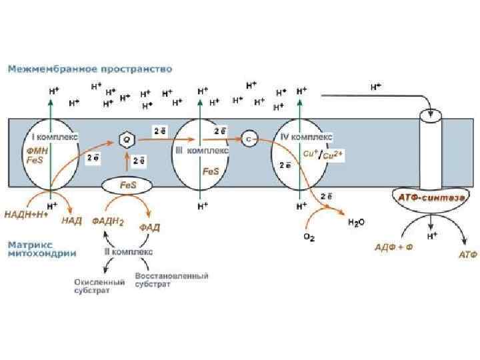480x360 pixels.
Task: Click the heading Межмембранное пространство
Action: click(90, 69)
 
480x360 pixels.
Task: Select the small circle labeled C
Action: click(248, 139)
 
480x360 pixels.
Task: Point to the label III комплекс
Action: click(202, 151)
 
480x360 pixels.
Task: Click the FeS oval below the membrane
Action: click(127, 184)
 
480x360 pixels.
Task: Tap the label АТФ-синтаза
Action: click(430, 198)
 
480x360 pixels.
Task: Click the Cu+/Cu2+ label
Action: click(323, 154)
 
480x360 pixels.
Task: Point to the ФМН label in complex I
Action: click(27, 151)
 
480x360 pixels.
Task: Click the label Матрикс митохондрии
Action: click(41, 249)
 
